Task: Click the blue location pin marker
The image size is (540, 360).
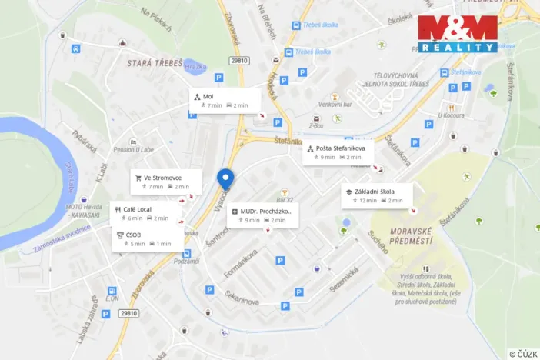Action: tap(225, 178)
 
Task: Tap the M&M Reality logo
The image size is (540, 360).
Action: tap(458, 33)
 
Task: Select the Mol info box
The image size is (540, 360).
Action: tap(225, 101)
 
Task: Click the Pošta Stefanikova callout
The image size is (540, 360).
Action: tap(338, 152)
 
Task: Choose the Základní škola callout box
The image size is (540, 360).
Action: tap(377, 195)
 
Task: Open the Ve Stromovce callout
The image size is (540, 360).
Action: tap(166, 182)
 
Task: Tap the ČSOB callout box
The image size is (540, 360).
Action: tap(148, 238)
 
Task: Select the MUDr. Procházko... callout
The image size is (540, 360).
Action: tap(262, 215)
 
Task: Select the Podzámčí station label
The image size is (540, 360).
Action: tap(187, 262)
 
